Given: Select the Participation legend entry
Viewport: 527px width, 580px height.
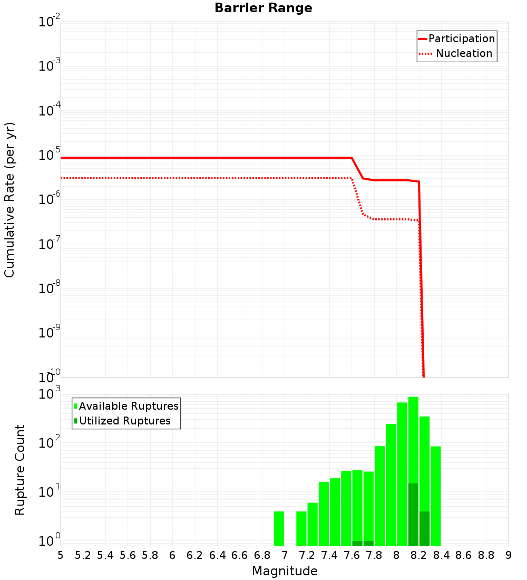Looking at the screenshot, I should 461,39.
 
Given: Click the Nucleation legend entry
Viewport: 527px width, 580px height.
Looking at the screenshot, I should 463,54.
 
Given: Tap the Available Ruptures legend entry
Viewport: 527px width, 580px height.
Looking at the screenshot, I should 128,406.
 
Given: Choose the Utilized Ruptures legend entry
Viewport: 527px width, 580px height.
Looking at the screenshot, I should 124,421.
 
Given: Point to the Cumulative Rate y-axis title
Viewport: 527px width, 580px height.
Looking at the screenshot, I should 9,200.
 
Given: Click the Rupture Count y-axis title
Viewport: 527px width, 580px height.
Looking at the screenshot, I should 20,469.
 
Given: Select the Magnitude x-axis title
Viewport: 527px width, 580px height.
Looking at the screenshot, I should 285,571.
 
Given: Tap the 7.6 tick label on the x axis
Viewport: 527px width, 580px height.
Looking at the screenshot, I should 352,555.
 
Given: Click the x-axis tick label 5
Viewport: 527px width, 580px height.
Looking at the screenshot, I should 61,555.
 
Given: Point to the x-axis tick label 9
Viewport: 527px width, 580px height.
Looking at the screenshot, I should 509,555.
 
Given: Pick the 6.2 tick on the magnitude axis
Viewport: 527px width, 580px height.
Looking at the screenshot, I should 194,555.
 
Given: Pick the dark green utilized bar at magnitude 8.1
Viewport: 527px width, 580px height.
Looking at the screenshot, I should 413,514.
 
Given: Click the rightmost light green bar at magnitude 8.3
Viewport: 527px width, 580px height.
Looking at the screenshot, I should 436,496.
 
